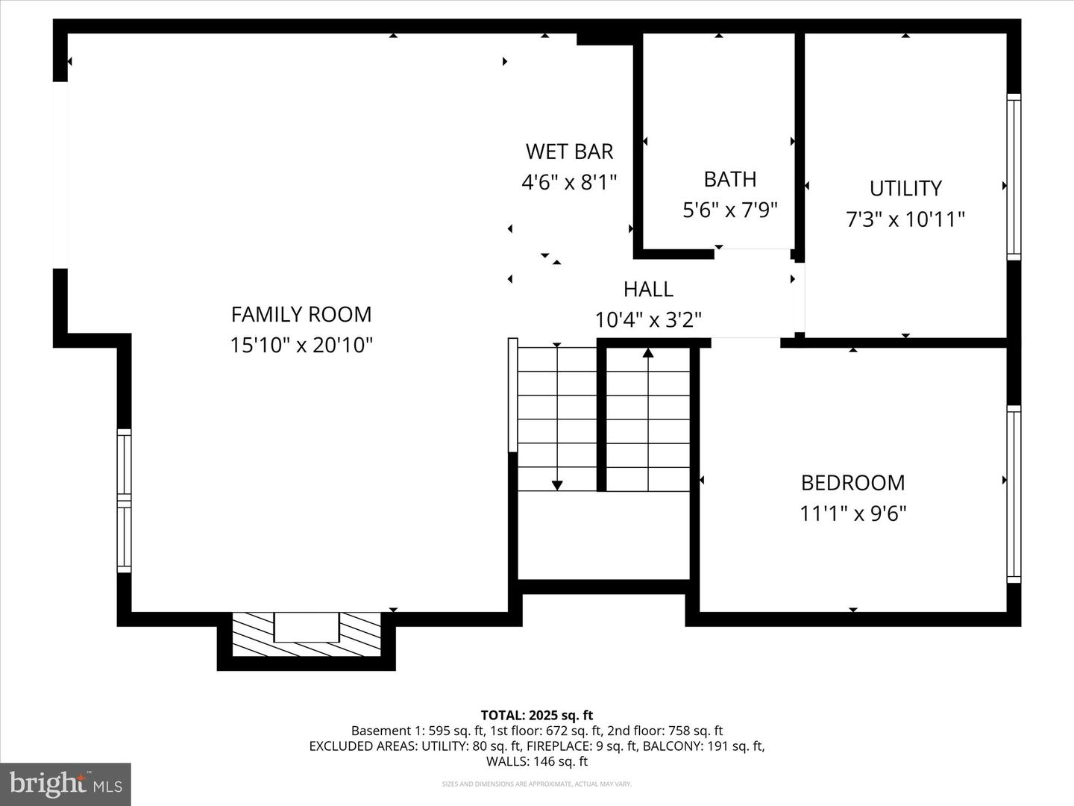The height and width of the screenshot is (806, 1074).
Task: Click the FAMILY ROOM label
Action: [x=301, y=314]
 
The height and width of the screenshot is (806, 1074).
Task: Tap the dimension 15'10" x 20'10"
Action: [x=301, y=346]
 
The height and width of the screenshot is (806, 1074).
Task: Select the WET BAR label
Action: [x=569, y=151]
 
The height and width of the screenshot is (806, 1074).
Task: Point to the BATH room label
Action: [x=730, y=179]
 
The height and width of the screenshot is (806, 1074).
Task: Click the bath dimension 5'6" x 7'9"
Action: [x=730, y=210]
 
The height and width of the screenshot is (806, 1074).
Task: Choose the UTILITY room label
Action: [x=905, y=188]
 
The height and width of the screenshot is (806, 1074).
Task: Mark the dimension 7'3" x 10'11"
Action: [x=905, y=219]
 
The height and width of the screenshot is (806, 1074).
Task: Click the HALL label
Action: [x=648, y=289]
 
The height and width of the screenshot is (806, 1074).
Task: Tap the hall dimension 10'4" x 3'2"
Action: [x=648, y=320]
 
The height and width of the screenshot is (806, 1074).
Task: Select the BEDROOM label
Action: [x=852, y=483]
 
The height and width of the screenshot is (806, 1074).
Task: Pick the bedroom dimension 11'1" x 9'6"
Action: [x=852, y=513]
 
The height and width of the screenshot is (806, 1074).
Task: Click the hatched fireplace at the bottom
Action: [x=307, y=634]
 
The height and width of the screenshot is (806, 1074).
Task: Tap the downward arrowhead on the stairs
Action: [x=557, y=485]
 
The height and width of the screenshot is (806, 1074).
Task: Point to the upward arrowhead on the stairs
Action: [x=648, y=352]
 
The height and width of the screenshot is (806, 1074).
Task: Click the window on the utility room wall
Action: [x=1014, y=177]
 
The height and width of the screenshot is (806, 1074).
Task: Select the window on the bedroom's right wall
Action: [x=1014, y=494]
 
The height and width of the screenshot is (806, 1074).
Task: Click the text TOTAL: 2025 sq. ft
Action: [x=536, y=716]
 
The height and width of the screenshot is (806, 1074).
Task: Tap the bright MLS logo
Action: [x=66, y=784]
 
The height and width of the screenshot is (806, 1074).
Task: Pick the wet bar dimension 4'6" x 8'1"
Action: [x=569, y=182]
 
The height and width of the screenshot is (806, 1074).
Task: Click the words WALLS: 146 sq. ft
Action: [x=536, y=761]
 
